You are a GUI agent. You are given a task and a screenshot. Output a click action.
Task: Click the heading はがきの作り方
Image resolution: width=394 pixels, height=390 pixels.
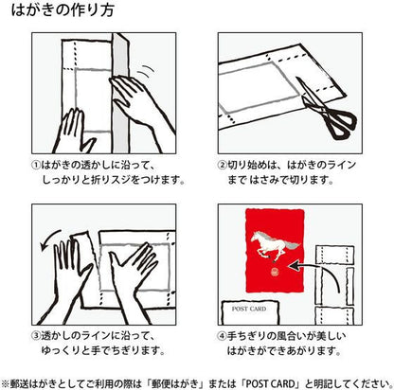pos(63,10)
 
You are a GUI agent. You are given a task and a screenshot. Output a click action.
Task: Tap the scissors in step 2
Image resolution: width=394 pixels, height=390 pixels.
pos(325,108)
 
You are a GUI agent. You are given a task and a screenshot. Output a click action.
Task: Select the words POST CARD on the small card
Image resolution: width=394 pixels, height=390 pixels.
pos(249,309)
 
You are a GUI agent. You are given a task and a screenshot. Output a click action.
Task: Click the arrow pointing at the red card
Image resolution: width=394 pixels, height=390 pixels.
pos(315,273)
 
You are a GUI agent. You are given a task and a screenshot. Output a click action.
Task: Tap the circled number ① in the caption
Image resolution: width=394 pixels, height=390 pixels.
pos(36,165)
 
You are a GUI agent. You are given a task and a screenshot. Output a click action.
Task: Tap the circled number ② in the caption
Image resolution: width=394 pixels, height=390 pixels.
pos(223,165)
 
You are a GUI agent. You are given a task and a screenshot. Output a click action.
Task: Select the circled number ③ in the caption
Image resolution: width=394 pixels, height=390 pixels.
pos(36,336)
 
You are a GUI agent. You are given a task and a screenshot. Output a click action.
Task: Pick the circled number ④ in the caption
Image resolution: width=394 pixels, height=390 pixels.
pos(223,336)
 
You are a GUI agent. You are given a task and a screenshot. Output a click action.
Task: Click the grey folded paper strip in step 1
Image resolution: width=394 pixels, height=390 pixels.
pos(120,93)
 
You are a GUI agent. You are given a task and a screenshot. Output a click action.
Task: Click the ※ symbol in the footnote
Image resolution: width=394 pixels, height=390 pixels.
pos(6,383)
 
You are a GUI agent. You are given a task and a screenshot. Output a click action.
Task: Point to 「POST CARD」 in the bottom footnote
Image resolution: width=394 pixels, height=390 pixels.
pos(271,383)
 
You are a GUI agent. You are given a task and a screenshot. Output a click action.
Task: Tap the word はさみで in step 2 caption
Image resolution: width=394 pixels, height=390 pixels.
pos(269,180)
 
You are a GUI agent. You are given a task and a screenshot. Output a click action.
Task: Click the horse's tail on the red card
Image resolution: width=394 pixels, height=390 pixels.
pos(293,245)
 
